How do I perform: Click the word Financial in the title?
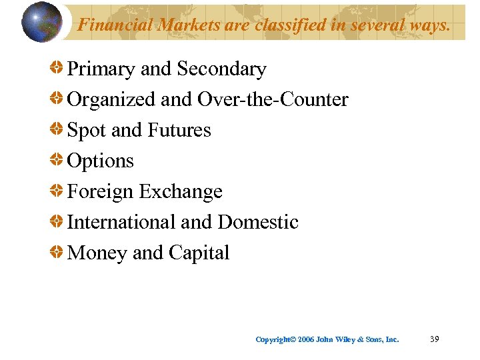click(x=107, y=25)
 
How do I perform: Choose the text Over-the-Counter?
click(x=273, y=100)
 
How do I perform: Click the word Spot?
click(x=87, y=131)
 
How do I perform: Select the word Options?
click(x=101, y=161)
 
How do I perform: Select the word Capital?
click(x=199, y=253)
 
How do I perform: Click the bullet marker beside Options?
click(x=57, y=161)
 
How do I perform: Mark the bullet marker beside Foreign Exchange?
click(x=57, y=191)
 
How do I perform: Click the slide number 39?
click(x=434, y=339)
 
